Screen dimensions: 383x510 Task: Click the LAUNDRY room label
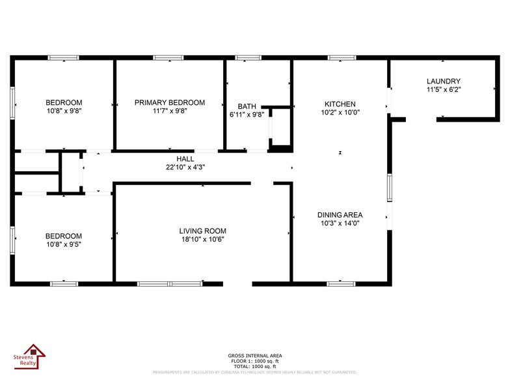pyautogui.click(x=444, y=81)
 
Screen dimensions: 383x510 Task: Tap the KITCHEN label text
pyautogui.click(x=340, y=104)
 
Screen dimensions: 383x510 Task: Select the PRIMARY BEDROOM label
pyautogui.click(x=170, y=103)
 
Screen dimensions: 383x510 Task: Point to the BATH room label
pyautogui.click(x=247, y=106)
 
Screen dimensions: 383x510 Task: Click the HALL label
pyautogui.click(x=185, y=159)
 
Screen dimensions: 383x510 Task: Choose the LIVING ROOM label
pyautogui.click(x=203, y=231)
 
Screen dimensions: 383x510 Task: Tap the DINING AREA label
pyautogui.click(x=340, y=215)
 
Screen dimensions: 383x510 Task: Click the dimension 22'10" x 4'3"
pyautogui.click(x=185, y=167)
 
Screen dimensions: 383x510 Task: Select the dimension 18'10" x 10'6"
pyautogui.click(x=203, y=240)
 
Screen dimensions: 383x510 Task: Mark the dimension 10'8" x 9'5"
pyautogui.click(x=64, y=245)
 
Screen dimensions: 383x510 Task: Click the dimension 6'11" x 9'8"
pyautogui.click(x=247, y=115)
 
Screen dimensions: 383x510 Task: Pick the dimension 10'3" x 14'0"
pyautogui.click(x=340, y=223)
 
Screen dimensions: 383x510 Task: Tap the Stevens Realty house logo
pyautogui.click(x=30, y=359)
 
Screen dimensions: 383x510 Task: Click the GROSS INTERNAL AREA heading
pyautogui.click(x=255, y=356)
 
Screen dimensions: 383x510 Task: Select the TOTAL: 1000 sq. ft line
pyautogui.click(x=255, y=366)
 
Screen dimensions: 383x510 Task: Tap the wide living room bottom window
pyautogui.click(x=170, y=284)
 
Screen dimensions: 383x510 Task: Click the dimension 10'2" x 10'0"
pyautogui.click(x=340, y=113)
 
